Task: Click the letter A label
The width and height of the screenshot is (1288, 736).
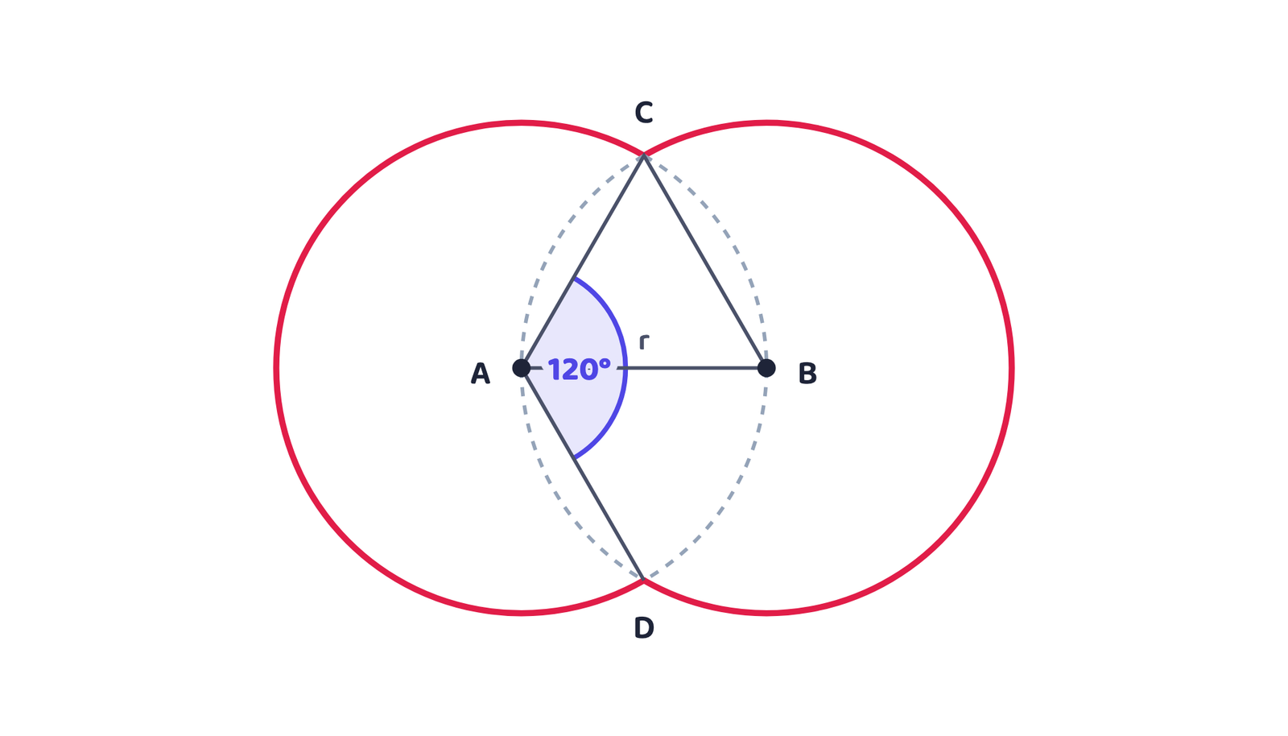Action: pos(480,373)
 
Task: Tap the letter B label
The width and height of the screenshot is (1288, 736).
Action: pos(807,373)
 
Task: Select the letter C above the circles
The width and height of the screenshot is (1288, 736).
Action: pos(644,112)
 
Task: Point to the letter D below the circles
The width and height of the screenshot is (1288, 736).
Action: pos(644,628)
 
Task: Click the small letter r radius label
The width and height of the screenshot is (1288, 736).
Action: pos(645,342)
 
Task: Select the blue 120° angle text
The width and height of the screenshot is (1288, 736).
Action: pos(579,370)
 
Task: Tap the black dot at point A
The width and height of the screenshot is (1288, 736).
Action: pos(522,368)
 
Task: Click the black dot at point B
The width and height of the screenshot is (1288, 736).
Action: pos(766,368)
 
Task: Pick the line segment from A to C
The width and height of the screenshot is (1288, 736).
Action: pos(583,262)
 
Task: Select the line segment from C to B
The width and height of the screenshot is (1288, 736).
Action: pos(705,262)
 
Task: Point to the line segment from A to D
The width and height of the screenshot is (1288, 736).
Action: pos(583,473)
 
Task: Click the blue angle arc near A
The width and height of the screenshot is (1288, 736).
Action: pos(625,368)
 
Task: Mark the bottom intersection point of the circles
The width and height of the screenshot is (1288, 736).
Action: pos(644,580)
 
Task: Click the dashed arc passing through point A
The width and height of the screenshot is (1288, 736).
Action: pos(522,368)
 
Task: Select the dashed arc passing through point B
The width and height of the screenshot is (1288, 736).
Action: pos(766,368)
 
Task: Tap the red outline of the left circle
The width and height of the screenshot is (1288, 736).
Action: pos(277,368)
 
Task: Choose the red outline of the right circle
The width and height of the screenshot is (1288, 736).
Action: pos(1011,368)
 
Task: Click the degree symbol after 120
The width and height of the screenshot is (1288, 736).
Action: pos(605,363)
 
